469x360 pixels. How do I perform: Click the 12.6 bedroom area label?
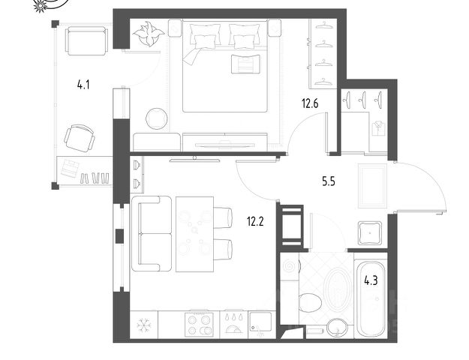pyautogui.click(x=310, y=103)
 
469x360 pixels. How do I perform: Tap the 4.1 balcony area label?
pyautogui.click(x=83, y=85)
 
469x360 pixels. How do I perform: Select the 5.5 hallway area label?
pyautogui.click(x=329, y=181)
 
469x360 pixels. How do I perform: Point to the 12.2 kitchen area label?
pyautogui.click(x=255, y=221)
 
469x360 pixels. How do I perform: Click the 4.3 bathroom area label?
pyautogui.click(x=371, y=280)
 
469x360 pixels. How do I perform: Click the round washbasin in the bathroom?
pyautogui.click(x=337, y=328)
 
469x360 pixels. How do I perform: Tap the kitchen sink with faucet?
pyautogui.click(x=260, y=324)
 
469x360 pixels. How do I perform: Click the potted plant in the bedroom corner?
pyautogui.click(x=149, y=34)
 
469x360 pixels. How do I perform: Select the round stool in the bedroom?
pyautogui.click(x=156, y=118)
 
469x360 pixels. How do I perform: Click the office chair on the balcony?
pyautogui.click(x=80, y=139)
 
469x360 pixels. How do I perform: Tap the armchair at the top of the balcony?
pyautogui.click(x=87, y=41)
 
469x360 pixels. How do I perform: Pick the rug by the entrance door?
pyautogui.click(x=372, y=186)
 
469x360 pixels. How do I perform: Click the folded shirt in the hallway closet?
pyautogui.click(x=379, y=128)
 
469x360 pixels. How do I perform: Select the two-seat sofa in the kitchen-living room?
pyautogui.click(x=152, y=233)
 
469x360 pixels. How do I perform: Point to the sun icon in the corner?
pyautogui.click(x=40, y=6)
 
